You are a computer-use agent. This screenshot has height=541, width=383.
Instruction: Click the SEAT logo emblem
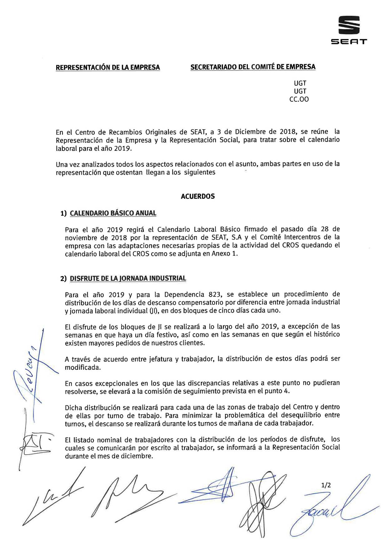click(349, 25)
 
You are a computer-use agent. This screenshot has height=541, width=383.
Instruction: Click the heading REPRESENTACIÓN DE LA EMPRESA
click(108, 67)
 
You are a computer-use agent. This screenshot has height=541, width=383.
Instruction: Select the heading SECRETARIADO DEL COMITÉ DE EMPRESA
click(253, 67)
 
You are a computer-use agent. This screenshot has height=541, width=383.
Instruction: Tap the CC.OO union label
click(300, 100)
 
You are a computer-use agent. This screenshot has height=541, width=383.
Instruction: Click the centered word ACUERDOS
click(198, 196)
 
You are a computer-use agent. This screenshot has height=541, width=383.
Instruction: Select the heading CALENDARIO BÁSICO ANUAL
click(113, 213)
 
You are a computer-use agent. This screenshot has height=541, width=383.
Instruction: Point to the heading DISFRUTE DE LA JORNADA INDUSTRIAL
click(128, 278)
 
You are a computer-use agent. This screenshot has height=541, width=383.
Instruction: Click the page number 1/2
click(326, 485)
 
